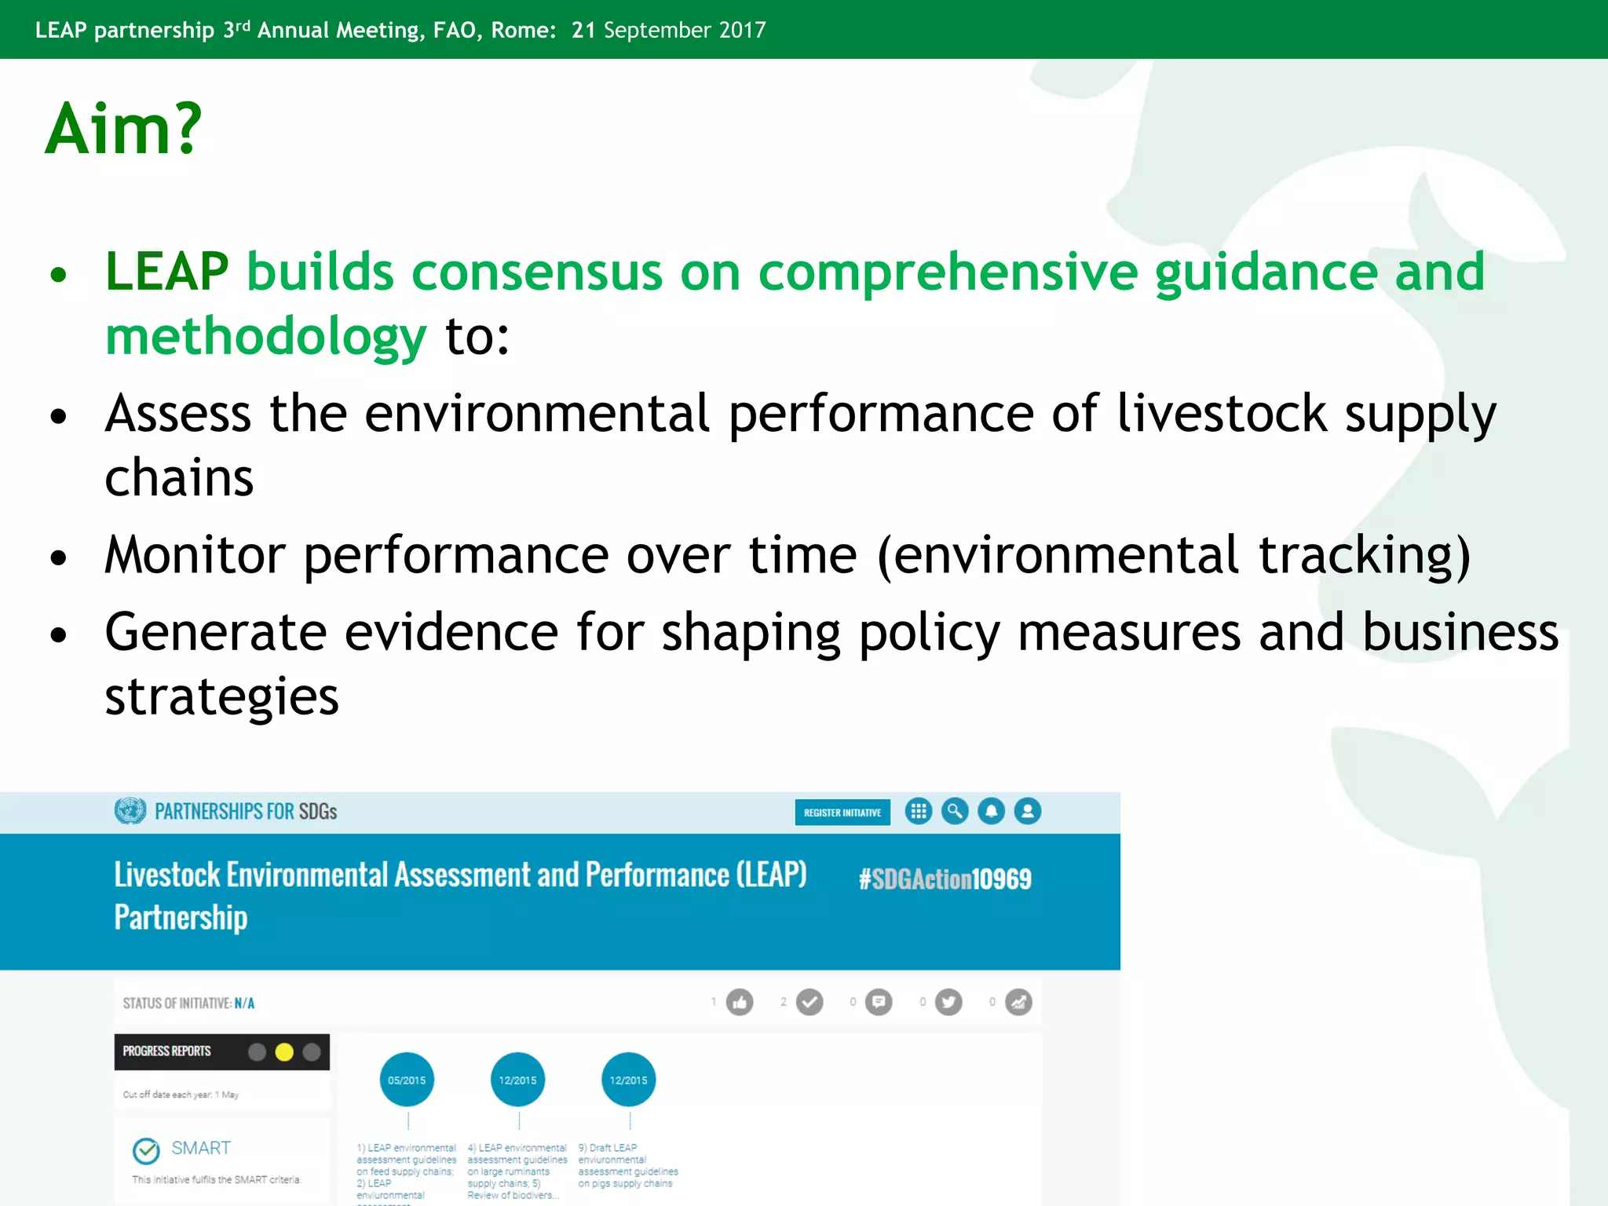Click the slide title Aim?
point(123,130)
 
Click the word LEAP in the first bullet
point(166,272)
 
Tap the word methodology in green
point(265,337)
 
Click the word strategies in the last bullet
point(221,696)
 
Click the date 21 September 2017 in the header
point(668,30)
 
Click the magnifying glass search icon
point(955,811)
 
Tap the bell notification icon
point(991,811)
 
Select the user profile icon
point(1028,811)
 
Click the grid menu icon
point(918,811)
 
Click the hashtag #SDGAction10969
point(945,879)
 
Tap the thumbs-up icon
point(739,1003)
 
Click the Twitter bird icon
point(948,1003)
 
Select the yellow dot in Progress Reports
point(284,1052)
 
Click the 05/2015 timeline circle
point(407,1080)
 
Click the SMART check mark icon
point(146,1151)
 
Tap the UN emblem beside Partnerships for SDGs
point(130,811)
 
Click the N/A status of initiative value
point(244,1003)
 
